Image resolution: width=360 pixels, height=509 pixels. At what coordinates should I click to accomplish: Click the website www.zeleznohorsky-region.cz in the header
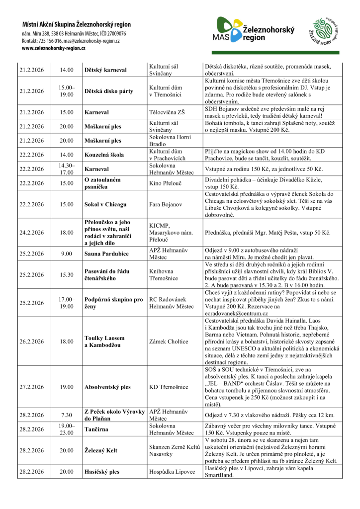53,48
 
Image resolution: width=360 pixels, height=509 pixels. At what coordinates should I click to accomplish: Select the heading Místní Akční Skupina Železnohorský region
76,24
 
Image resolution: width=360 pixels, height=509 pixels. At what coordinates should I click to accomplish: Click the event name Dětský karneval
105,70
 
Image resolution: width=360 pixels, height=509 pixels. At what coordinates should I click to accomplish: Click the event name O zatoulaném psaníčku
102,183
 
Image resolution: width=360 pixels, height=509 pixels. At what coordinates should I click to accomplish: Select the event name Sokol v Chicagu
105,204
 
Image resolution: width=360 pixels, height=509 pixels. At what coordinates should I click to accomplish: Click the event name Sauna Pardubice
106,254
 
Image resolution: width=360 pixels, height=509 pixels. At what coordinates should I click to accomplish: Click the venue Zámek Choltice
169,341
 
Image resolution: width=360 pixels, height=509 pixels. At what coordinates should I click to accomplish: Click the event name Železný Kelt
101,450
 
